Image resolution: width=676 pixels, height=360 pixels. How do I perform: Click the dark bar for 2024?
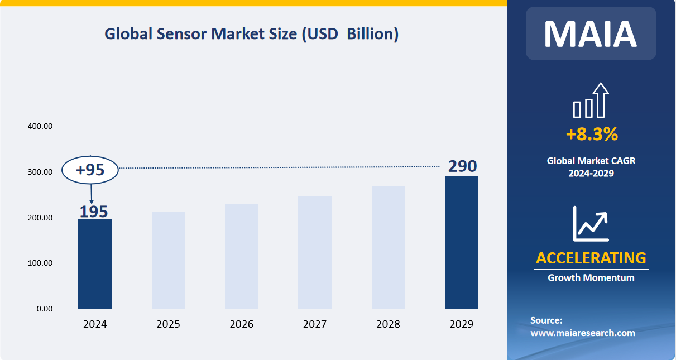coord(95,263)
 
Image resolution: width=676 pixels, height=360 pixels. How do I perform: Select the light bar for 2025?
coord(168,260)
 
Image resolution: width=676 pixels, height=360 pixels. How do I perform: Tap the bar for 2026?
coord(242,256)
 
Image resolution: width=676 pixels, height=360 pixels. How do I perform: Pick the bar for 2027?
coord(315,252)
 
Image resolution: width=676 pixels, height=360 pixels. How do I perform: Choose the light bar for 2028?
coord(388,247)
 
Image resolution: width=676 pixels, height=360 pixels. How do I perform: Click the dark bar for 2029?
coord(462,242)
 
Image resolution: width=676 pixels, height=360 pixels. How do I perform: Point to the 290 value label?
coord(462,166)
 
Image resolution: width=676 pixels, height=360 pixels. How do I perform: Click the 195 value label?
coord(93,212)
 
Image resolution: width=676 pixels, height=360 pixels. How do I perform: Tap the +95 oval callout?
coord(90,170)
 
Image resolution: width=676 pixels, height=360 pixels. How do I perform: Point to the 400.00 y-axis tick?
coord(40,127)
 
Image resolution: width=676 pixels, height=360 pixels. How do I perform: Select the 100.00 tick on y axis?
coord(40,263)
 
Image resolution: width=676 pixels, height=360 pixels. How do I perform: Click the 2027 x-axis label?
coord(315,324)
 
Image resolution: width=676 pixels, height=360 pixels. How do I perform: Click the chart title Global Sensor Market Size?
coord(252,34)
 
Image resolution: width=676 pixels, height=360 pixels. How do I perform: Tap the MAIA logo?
coord(591,34)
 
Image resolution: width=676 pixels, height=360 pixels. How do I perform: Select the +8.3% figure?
coord(591,134)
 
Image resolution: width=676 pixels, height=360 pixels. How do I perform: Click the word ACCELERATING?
coord(591,258)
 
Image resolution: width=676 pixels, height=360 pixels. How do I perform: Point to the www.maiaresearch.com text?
coord(582,333)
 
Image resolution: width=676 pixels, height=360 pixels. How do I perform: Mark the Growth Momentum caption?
coord(591,277)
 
